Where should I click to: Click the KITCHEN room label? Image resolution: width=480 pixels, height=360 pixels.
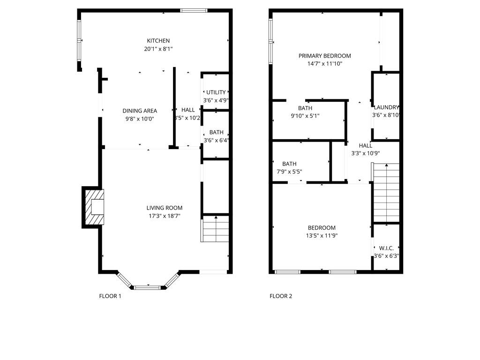coord(158,41)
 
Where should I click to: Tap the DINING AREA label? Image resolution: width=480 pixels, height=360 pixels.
coord(140,111)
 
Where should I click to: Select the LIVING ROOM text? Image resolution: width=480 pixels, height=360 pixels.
coord(164,208)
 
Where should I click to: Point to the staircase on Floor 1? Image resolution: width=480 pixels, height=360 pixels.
coord(216,229)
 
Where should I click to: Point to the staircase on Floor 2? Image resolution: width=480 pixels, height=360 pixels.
coord(386,192)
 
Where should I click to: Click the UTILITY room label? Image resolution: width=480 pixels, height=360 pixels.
coord(216,92)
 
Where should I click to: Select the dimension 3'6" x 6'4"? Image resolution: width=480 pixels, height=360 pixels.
coord(216,140)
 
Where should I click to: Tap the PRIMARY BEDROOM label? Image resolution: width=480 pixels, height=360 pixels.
coord(324,56)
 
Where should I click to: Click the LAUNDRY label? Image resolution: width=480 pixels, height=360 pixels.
coord(386,107)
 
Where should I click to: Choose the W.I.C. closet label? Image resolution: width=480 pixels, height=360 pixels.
coord(386,247)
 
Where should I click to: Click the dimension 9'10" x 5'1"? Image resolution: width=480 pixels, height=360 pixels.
coord(305,116)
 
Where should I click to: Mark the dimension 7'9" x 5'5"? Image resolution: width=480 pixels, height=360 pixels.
coord(289,172)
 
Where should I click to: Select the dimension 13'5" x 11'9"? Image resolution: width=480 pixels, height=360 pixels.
coord(321,236)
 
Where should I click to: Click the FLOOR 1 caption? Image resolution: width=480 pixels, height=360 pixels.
coord(110,296)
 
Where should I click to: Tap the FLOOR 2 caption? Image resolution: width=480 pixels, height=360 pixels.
coord(281,296)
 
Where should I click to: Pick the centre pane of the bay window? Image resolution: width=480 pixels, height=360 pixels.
coord(149,287)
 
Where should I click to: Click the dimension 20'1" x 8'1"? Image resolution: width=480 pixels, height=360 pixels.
coord(158,49)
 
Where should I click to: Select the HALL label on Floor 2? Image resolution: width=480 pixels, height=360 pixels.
coord(365,145)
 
